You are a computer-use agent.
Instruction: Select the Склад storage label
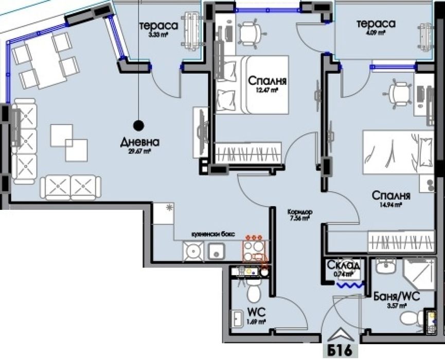pos(343,265)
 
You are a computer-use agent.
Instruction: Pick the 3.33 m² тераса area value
pos(158,35)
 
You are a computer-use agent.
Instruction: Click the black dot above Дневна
pos(138,124)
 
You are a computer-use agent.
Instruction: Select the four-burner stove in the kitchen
pos(253,250)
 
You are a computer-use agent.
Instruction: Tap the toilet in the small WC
pos(254,293)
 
